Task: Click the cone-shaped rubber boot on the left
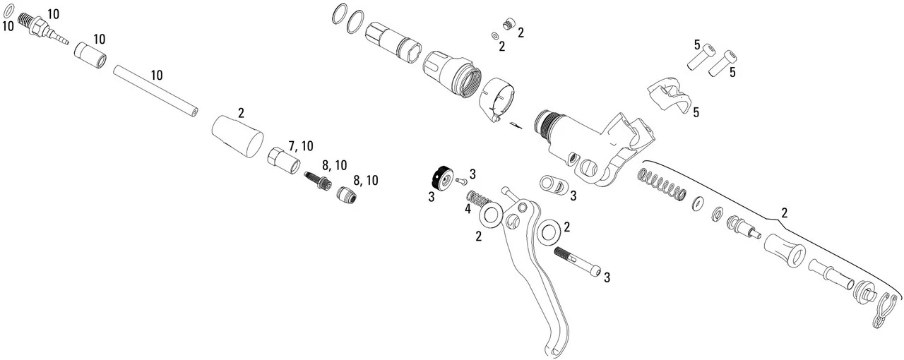(237, 134)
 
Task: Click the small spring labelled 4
(480, 199)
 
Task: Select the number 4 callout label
(468, 209)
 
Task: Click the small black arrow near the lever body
(516, 126)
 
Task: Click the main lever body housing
(586, 141)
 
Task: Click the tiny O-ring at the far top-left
(8, 13)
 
